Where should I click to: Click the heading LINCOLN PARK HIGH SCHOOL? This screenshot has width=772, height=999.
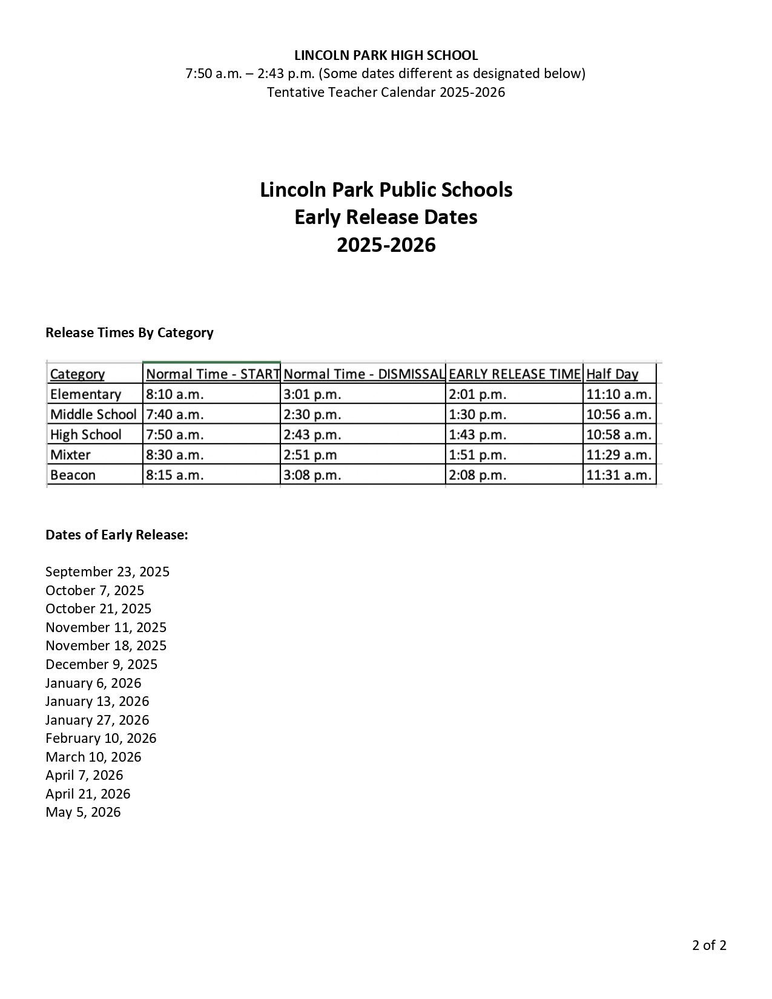386,55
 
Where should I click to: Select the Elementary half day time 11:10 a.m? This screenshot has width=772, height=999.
618,394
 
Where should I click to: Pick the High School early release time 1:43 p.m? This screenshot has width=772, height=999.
477,435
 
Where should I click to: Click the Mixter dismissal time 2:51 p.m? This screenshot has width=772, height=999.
309,455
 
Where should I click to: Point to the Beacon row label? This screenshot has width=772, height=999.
73,475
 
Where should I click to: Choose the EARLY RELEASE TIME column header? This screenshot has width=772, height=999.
514,374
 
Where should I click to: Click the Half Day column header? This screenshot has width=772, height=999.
612,374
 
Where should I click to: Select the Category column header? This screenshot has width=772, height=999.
77,374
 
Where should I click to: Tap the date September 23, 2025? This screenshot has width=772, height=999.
107,572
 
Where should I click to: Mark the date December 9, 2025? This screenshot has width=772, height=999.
101,664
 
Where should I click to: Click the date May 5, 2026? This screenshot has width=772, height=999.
83,812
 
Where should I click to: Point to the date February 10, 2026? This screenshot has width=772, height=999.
101,738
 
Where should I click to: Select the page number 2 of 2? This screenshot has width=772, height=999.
709,945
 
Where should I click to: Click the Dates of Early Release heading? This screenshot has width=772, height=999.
117,535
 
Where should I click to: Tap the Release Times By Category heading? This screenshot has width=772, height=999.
129,332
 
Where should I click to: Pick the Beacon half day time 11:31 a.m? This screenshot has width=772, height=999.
618,475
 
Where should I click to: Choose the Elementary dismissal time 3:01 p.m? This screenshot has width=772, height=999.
312,394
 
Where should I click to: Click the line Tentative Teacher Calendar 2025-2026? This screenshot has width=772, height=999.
386,92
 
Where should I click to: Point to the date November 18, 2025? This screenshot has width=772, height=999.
106,645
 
